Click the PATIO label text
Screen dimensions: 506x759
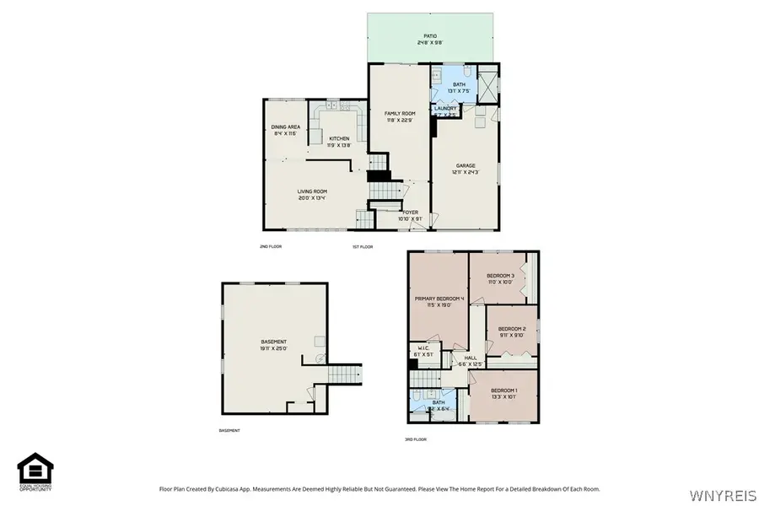coord(431,36)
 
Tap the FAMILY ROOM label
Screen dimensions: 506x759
coord(400,113)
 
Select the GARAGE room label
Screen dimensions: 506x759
coord(466,165)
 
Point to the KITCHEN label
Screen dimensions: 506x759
coord(339,138)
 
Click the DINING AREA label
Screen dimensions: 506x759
coord(286,126)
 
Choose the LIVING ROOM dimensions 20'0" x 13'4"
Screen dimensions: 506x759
coord(311,198)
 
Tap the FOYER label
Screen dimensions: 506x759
coord(410,213)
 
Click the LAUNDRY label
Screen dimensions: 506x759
coord(445,109)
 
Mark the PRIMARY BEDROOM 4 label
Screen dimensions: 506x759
coord(439,299)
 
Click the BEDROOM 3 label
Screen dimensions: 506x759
coord(500,276)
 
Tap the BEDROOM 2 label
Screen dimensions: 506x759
coord(512,328)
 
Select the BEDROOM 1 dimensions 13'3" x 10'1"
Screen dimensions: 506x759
coord(504,396)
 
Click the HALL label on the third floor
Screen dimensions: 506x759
coord(470,358)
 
